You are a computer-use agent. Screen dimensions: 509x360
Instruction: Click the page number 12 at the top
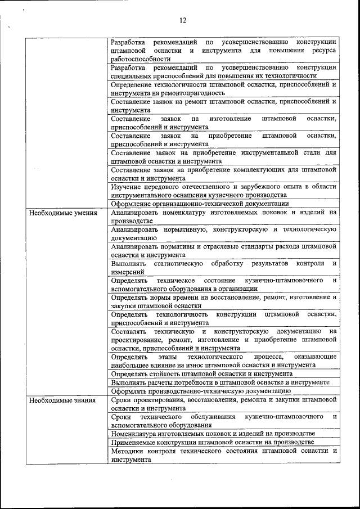(183, 21)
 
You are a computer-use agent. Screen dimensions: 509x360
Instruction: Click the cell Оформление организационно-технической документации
(200, 204)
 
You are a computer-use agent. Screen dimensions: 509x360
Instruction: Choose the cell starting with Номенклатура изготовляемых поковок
(213, 434)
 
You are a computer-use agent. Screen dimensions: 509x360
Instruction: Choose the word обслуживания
(214, 417)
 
